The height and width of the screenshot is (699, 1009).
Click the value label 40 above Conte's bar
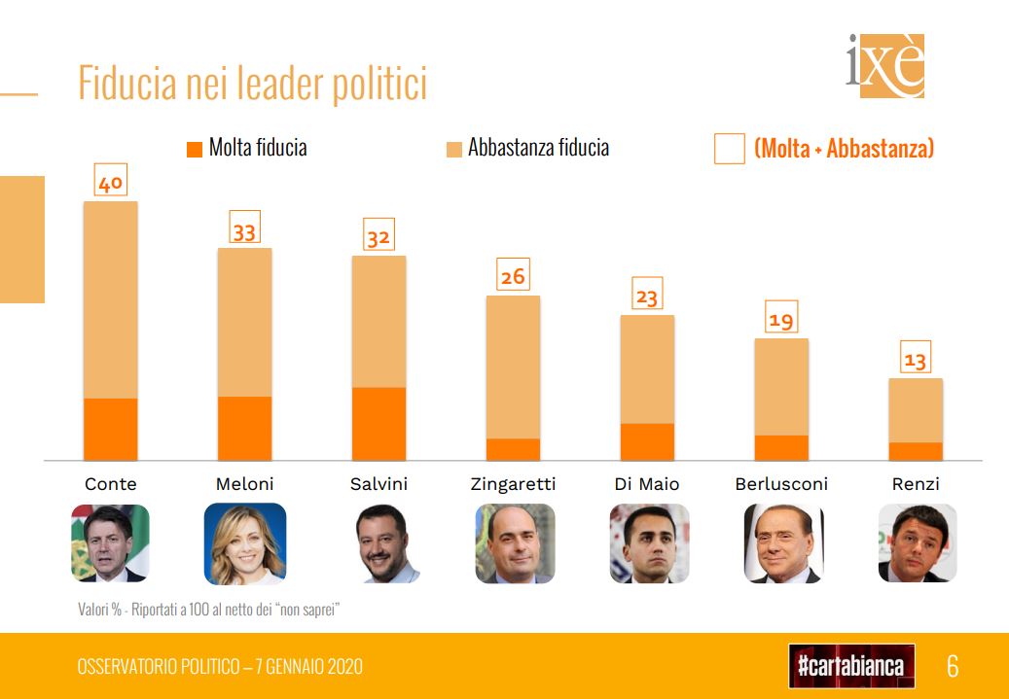(x=111, y=182)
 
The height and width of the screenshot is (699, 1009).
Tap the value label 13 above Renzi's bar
(x=916, y=360)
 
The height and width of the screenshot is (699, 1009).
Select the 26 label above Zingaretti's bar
(x=513, y=276)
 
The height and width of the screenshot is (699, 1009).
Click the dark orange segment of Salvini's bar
(x=378, y=423)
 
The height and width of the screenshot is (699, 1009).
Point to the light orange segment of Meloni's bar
(x=244, y=321)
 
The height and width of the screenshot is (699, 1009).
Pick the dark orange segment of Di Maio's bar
(x=647, y=441)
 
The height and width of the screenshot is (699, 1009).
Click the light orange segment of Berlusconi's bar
(x=781, y=386)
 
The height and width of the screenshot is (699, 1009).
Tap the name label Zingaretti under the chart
(x=513, y=484)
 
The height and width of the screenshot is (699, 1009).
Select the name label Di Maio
(x=647, y=484)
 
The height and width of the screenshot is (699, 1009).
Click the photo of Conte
(x=110, y=542)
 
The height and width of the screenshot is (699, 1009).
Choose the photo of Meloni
(x=244, y=543)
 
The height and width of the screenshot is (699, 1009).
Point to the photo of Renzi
(x=917, y=542)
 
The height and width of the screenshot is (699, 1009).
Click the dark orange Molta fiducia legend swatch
(x=195, y=149)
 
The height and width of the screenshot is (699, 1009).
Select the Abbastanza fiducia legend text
(x=538, y=148)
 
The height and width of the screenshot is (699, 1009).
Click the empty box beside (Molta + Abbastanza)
(x=730, y=149)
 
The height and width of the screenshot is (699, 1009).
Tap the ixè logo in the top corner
(x=884, y=66)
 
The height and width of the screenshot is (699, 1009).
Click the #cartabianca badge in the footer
(x=851, y=666)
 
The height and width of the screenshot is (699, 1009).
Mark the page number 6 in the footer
(x=953, y=666)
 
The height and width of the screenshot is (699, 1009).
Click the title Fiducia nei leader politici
(x=252, y=84)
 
